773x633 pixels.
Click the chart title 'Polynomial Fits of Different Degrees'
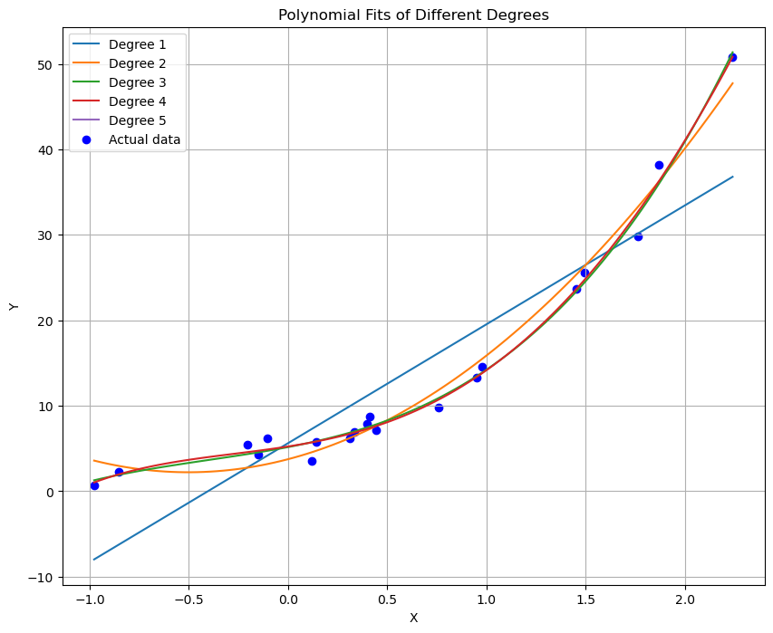413,14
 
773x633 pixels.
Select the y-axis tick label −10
42,577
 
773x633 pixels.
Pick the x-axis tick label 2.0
685,599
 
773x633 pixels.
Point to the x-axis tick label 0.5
387,599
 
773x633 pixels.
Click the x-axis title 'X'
413,618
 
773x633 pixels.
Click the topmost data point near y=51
732,57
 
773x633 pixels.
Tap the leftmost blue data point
94,485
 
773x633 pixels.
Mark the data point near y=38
659,165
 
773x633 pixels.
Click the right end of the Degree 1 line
732,177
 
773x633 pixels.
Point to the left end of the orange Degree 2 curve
94,460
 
